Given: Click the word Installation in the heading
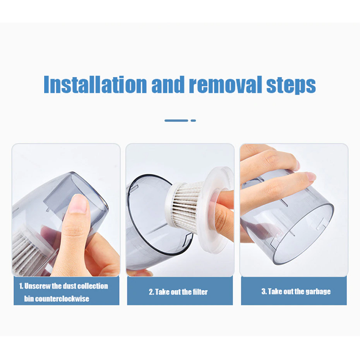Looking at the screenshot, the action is tap(95, 84).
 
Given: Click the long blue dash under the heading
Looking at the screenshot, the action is tap(176, 121).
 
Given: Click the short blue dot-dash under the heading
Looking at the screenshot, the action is tap(193, 121).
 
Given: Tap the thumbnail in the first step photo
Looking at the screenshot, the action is tap(78, 203).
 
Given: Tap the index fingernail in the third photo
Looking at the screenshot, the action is tap(310, 176).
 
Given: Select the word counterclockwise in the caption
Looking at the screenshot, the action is tap(62, 299).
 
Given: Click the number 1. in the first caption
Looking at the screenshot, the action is tap(21, 286).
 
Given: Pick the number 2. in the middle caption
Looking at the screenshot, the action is tap(151, 292).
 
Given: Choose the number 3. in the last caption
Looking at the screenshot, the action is tap(264, 291).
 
